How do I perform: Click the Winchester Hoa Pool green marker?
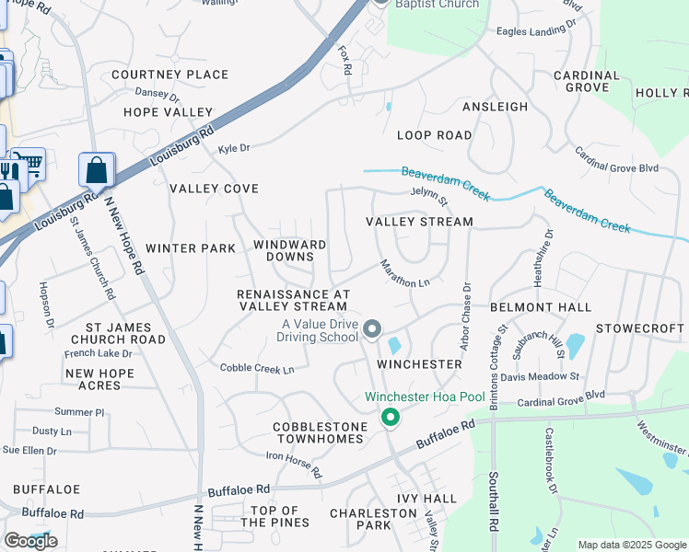[391, 418]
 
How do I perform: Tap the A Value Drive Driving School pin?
[372, 328]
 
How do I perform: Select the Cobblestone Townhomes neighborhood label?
[318, 432]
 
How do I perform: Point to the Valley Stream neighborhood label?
[419, 222]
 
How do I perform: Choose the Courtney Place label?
[169, 75]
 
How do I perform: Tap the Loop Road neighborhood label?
[434, 135]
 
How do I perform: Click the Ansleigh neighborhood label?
[495, 107]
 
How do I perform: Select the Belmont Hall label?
[540, 306]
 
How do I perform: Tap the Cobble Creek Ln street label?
[257, 369]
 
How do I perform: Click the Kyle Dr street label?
[234, 147]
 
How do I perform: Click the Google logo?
[30, 541]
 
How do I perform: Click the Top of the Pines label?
[276, 517]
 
